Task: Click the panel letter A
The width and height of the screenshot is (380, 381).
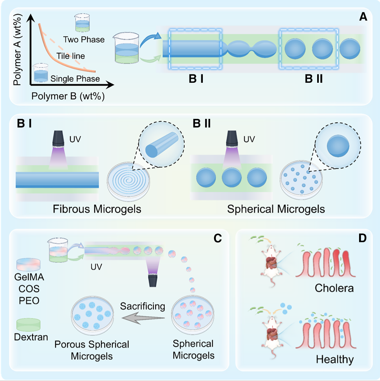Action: tap(363, 17)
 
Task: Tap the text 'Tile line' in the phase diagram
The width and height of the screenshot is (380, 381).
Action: tap(71, 56)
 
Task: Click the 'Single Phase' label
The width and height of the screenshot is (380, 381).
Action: tap(75, 79)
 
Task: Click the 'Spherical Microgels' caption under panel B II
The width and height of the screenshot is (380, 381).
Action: tap(276, 209)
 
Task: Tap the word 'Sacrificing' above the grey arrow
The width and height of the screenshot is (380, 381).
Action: tap(142, 306)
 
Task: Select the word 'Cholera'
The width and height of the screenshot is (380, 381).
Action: tap(334, 289)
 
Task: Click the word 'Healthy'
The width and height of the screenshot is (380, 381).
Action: tap(335, 359)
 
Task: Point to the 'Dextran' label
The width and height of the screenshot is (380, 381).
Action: tap(31, 337)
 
